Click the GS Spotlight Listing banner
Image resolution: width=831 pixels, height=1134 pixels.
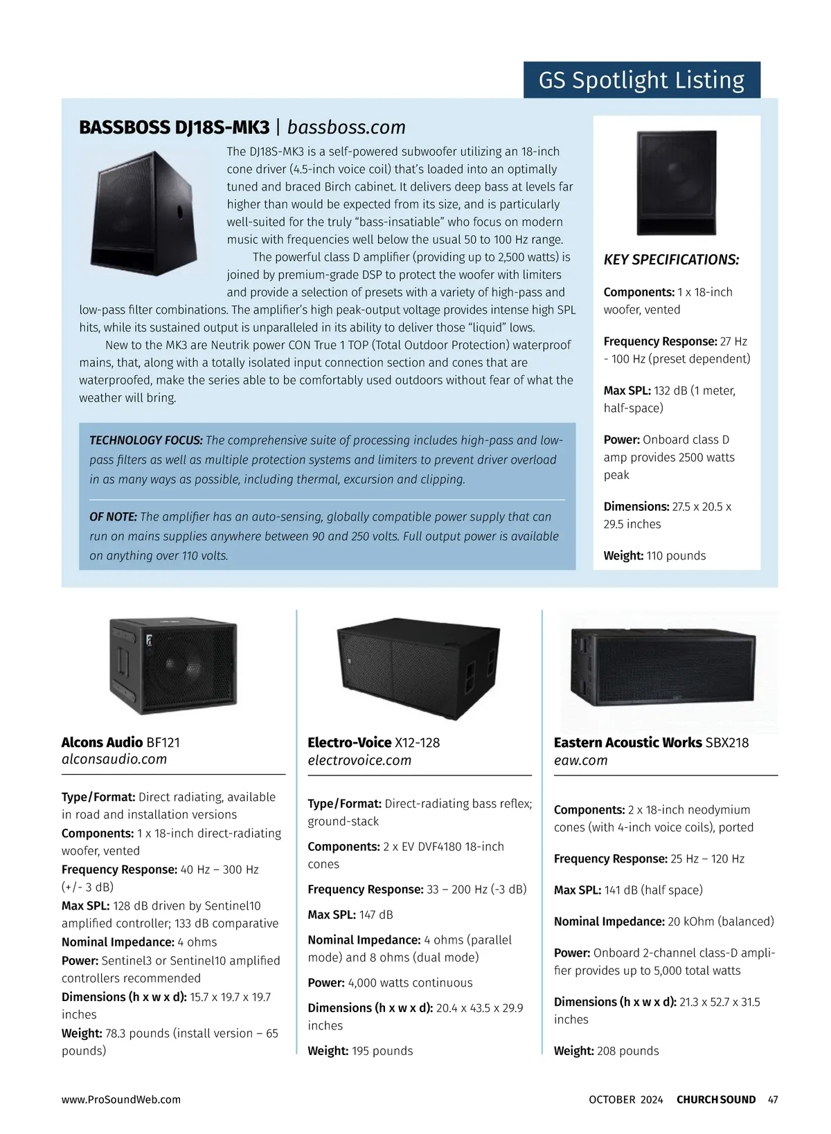tap(641, 80)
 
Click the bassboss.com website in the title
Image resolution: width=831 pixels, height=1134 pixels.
tap(346, 127)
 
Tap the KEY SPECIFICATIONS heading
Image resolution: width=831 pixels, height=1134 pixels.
tap(671, 260)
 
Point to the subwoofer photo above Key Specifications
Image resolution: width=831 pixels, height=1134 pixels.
tap(677, 183)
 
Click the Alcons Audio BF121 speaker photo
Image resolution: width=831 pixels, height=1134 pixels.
tap(173, 665)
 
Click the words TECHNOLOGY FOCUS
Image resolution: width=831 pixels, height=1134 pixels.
tap(146, 440)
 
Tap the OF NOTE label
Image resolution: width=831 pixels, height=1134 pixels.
tap(113, 516)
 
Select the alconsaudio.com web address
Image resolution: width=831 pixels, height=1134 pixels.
tap(114, 759)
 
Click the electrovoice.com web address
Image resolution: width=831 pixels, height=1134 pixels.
tap(359, 760)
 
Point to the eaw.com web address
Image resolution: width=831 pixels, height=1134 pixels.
tap(580, 760)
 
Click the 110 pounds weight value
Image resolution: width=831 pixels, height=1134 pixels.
tap(676, 555)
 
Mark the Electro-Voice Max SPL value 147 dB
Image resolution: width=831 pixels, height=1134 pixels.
tap(376, 915)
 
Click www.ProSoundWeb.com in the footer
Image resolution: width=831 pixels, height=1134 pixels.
tap(121, 1099)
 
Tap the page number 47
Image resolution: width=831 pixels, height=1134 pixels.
tap(773, 1099)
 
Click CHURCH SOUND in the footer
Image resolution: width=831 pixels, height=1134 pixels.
tap(716, 1099)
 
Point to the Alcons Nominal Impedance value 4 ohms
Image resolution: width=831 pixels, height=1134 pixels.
tap(197, 942)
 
